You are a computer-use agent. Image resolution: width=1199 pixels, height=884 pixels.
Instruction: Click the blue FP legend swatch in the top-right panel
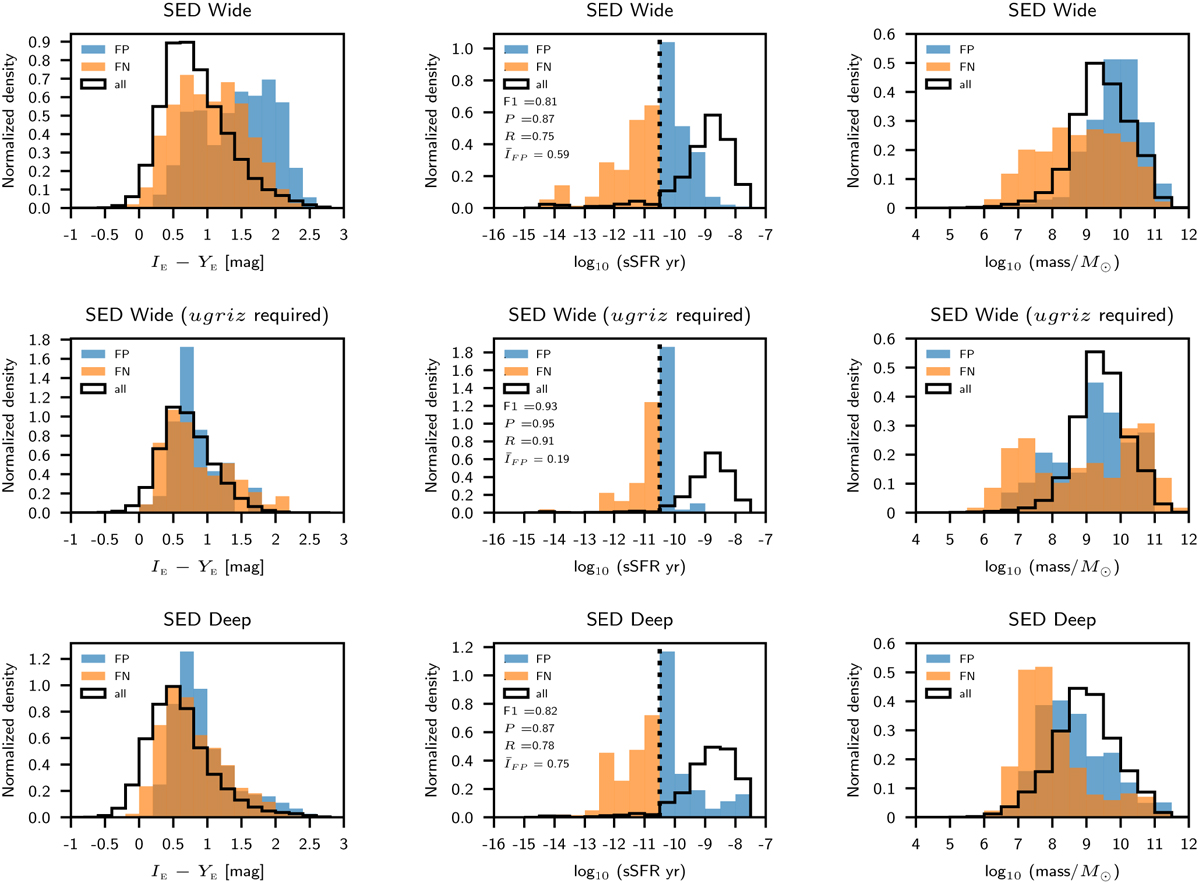[x=939, y=48]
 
